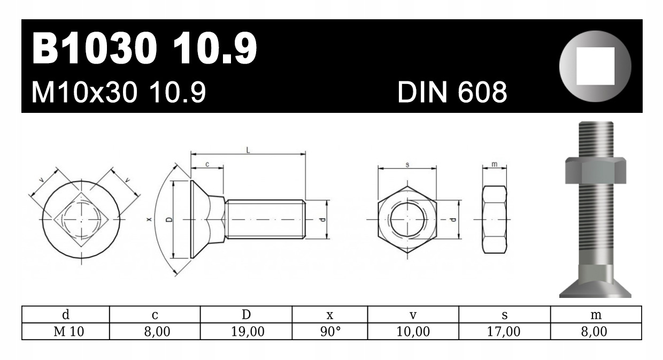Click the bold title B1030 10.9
point(144,49)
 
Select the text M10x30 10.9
point(119,93)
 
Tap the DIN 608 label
point(452,93)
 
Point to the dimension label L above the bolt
point(248,150)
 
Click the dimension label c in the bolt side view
point(207,165)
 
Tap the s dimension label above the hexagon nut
point(407,165)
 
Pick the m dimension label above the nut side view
point(495,164)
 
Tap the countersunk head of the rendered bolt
point(595,284)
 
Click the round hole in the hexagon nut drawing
point(407,220)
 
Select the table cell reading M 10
point(65,332)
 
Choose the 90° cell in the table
point(330,332)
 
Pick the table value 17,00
point(504,332)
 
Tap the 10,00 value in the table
point(413,332)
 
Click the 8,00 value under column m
point(596,332)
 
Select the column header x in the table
point(330,316)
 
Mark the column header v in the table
point(413,316)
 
